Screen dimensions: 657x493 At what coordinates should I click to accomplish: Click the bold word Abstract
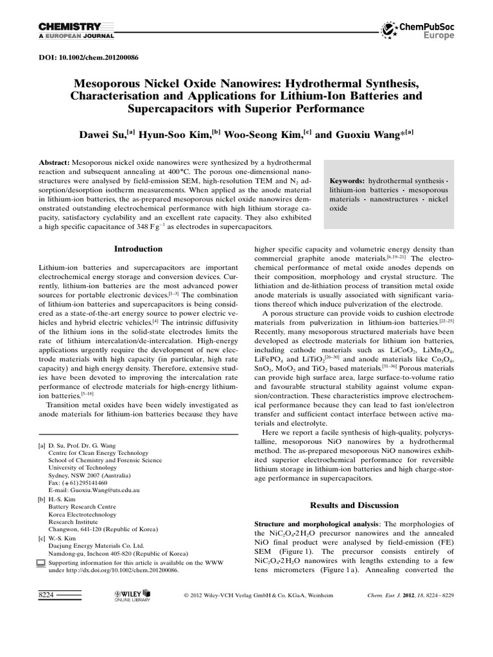[x=55, y=164]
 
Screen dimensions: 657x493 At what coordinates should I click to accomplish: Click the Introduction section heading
[x=138, y=249]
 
